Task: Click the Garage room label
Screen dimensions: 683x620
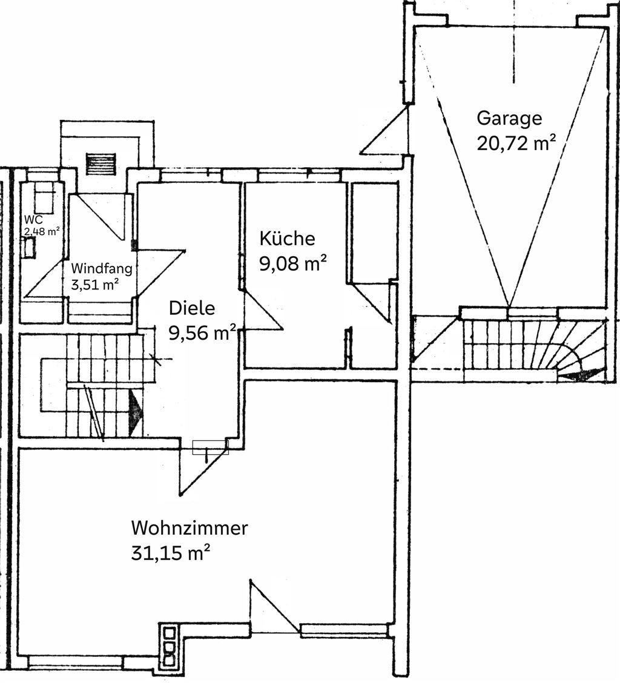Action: click(x=509, y=118)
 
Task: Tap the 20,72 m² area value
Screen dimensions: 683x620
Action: click(x=516, y=144)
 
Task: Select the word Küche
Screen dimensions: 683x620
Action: click(x=287, y=239)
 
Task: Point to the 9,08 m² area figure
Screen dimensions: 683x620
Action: click(x=294, y=264)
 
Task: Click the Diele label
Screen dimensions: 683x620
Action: click(x=192, y=308)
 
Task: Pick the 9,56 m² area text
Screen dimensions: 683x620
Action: click(x=202, y=334)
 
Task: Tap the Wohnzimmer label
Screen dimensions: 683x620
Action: click(x=190, y=528)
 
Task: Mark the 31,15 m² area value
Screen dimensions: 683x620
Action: click(x=171, y=553)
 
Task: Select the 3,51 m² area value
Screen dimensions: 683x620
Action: click(x=94, y=284)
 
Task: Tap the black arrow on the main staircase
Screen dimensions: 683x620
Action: click(x=136, y=414)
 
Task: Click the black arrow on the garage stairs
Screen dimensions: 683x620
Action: click(x=576, y=376)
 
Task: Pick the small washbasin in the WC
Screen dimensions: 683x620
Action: click(x=28, y=247)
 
